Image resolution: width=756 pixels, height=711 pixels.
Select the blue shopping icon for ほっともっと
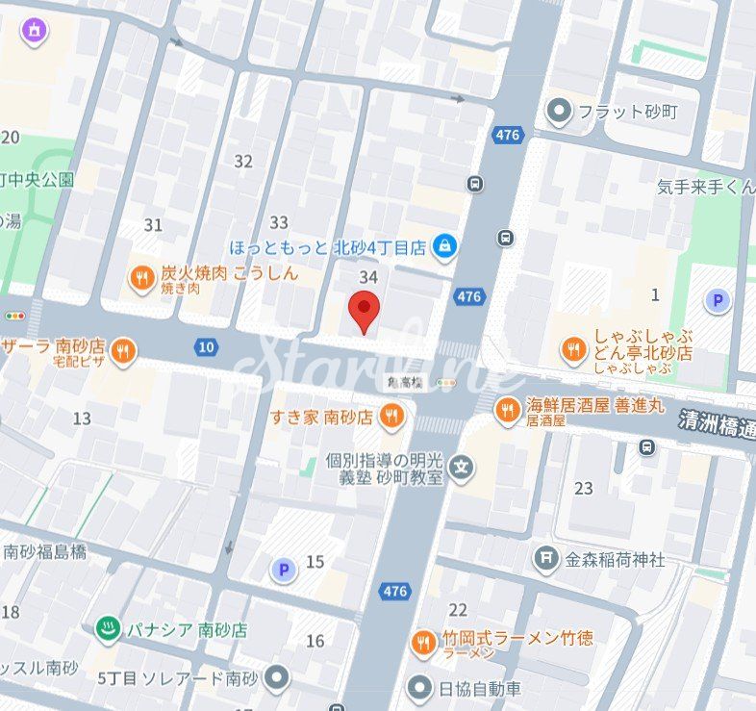tap(443, 247)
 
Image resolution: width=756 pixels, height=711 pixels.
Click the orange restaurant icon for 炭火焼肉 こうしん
tap(141, 279)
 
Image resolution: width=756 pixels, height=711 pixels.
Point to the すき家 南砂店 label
tap(321, 417)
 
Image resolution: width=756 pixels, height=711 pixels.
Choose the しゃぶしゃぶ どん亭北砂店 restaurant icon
tap(573, 350)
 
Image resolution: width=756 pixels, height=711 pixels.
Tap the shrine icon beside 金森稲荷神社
tap(546, 558)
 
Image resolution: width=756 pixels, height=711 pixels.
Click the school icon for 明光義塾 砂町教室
tap(463, 469)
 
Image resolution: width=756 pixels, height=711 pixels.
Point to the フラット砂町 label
tap(627, 112)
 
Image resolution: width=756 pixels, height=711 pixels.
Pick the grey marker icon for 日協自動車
tap(419, 688)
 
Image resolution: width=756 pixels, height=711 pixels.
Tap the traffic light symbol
tap(14, 316)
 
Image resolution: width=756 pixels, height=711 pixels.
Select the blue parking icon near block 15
tap(283, 571)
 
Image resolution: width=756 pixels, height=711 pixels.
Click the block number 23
tap(584, 488)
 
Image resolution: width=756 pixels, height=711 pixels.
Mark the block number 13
tap(82, 418)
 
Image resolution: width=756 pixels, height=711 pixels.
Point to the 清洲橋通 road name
tap(716, 422)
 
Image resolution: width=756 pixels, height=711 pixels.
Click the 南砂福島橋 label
tap(44, 551)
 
